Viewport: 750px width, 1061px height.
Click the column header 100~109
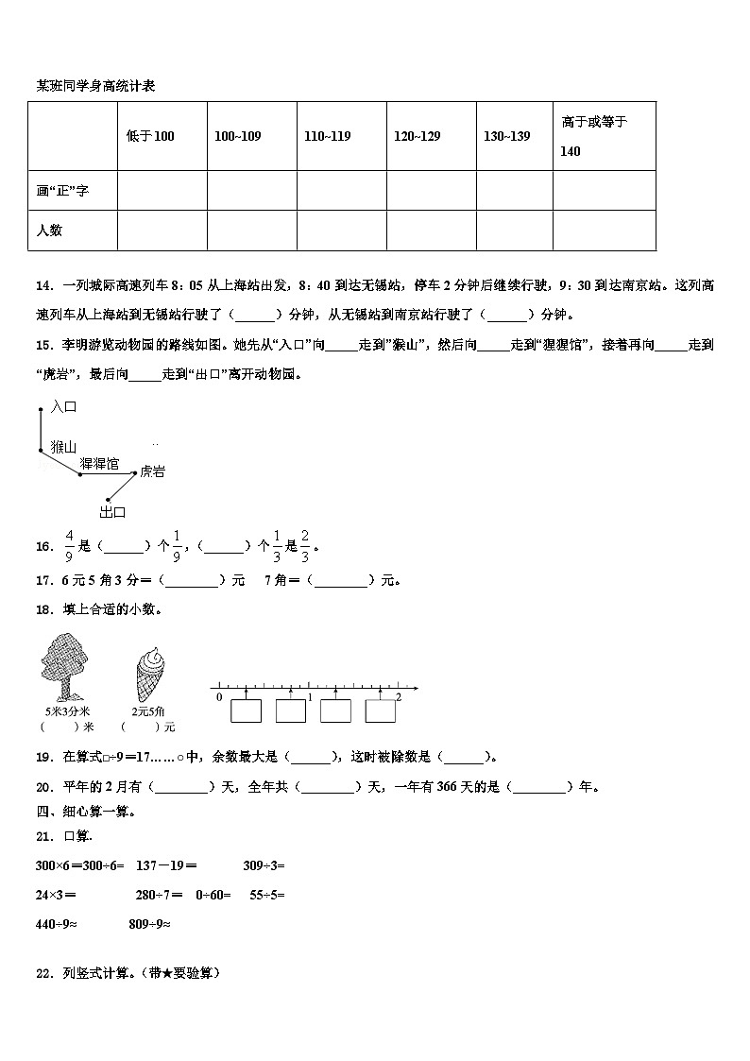[x=237, y=136]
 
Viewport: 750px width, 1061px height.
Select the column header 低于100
[x=150, y=136]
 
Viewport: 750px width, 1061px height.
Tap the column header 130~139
[x=506, y=136]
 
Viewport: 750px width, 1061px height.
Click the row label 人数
[x=50, y=230]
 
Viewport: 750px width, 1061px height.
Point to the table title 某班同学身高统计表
[x=95, y=86]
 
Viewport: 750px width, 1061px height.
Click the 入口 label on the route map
[x=62, y=406]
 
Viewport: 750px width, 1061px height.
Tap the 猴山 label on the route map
[x=63, y=446]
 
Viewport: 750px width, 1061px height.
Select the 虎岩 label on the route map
[x=152, y=471]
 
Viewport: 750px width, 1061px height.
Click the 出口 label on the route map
[x=112, y=512]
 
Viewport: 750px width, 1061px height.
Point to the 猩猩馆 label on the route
[x=99, y=463]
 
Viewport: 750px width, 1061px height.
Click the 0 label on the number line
[x=219, y=696]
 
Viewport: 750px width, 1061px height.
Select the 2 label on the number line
[x=398, y=696]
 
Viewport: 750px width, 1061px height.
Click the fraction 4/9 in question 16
[x=69, y=545]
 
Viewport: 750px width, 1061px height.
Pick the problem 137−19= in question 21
[x=166, y=864]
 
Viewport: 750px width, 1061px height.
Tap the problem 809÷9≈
[x=149, y=924]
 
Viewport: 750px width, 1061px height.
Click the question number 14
[x=43, y=286]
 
